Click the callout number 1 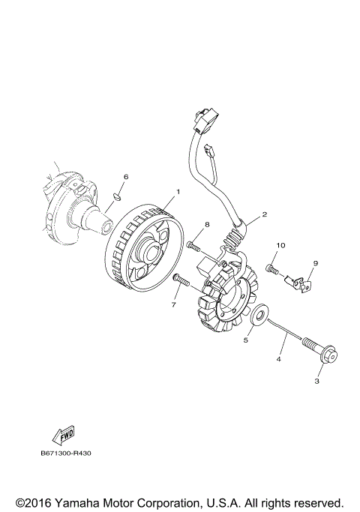point(178,192)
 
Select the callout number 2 point(265,214)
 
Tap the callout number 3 point(317,381)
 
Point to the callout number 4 point(279,359)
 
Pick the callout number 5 point(244,339)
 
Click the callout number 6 point(126,177)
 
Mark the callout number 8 point(207,225)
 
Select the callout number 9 point(316,263)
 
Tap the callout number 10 point(280,245)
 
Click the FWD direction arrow point(59,436)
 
